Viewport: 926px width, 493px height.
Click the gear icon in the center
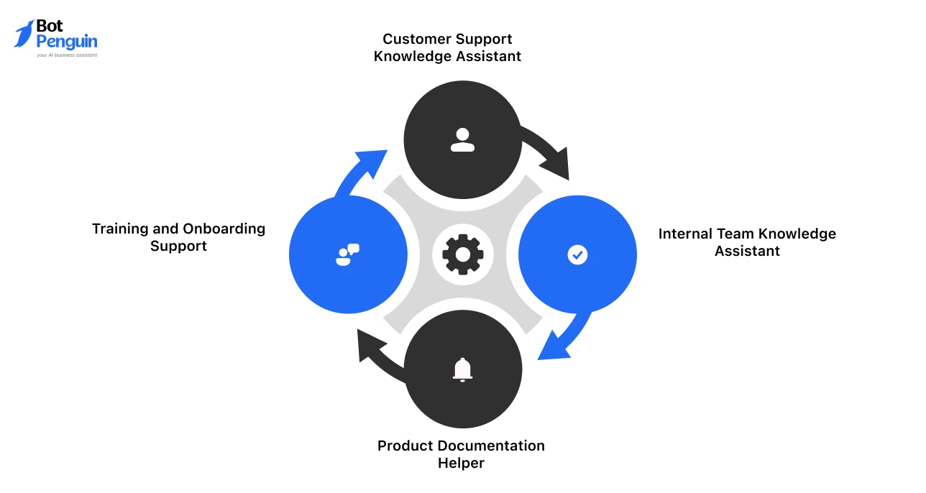(462, 254)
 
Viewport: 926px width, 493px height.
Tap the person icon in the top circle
(462, 139)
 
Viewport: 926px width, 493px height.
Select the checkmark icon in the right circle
(577, 254)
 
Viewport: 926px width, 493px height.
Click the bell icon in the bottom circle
(462, 369)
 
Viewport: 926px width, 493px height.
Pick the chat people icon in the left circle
(347, 254)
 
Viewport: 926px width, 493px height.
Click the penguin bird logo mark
(24, 34)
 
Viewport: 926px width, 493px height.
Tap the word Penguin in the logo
(66, 42)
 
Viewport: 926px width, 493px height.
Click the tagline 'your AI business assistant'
(67, 55)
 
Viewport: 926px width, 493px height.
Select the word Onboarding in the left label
(224, 229)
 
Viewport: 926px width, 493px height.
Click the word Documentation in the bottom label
(489, 446)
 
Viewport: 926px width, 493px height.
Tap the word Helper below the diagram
(461, 464)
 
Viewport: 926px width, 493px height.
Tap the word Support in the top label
(487, 39)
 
